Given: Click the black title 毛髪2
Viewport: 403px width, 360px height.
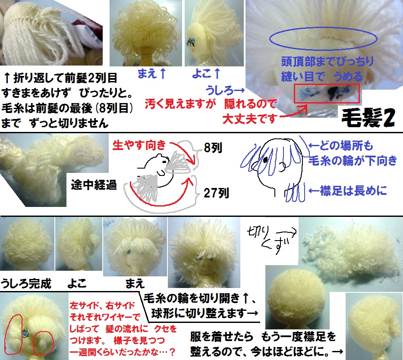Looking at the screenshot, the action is click(x=368, y=118).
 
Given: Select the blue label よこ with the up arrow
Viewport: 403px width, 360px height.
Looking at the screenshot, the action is click(x=206, y=73).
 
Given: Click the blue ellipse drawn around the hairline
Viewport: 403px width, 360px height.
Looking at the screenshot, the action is click(x=323, y=28).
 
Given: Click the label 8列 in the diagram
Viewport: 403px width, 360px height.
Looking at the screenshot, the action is click(x=213, y=148).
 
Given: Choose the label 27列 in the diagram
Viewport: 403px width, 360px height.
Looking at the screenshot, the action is click(x=216, y=193).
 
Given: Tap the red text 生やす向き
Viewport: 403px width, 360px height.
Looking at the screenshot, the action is click(x=139, y=145).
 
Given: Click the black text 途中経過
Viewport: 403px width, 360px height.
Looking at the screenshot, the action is click(x=94, y=185).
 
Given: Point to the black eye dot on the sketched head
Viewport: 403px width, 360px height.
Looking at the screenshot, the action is click(x=265, y=160).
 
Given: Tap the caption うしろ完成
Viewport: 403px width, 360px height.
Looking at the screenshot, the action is click(x=26, y=284).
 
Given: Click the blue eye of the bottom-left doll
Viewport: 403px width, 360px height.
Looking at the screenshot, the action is click(x=25, y=334).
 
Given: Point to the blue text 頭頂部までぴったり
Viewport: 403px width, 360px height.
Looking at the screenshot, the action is click(x=327, y=62).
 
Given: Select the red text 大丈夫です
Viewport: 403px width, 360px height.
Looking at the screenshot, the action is click(x=250, y=119).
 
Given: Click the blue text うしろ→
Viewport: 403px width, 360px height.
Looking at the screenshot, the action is click(x=225, y=90).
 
